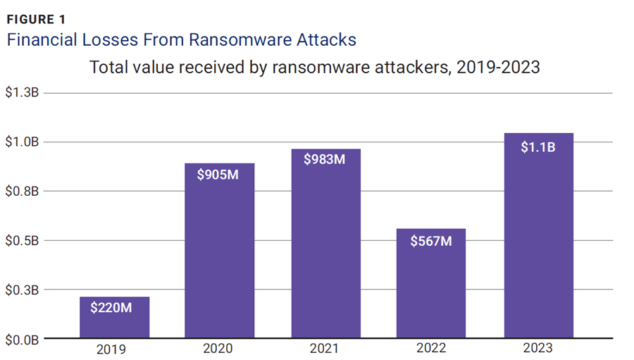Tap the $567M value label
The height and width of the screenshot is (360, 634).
(431, 240)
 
